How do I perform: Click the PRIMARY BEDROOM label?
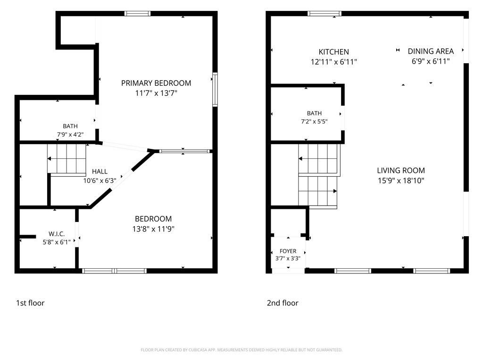(156, 83)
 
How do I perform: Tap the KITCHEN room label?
(333, 52)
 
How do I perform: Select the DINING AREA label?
(431, 51)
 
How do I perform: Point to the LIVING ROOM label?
(401, 170)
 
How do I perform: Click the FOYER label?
(288, 251)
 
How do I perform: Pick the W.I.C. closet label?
(57, 234)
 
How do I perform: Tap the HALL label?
(100, 172)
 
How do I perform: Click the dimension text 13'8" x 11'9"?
(153, 229)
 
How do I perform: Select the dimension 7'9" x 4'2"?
(70, 134)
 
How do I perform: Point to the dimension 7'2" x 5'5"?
(314, 122)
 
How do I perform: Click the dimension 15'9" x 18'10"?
(401, 181)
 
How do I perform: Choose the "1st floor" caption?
(30, 303)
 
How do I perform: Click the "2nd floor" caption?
(283, 303)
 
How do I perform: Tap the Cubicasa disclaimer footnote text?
(241, 350)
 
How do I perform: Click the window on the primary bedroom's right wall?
(215, 90)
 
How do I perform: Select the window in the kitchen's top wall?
(325, 14)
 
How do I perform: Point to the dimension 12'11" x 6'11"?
(333, 62)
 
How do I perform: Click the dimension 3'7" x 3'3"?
(288, 259)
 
